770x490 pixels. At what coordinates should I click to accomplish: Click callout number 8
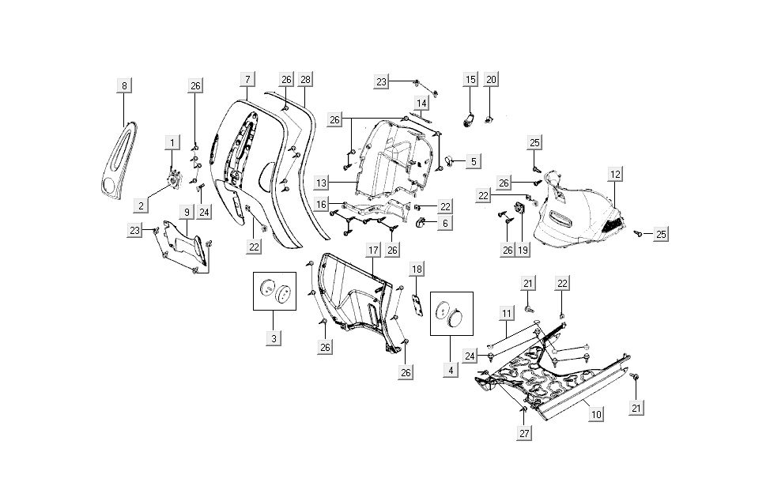coord(124,85)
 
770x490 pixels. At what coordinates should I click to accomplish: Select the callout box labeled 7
coord(247,79)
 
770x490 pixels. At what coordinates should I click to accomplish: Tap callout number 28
coord(305,79)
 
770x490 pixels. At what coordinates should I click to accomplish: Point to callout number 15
coord(470,79)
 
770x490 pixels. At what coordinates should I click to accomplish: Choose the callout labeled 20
coord(491,79)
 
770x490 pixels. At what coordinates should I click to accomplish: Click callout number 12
coord(615,174)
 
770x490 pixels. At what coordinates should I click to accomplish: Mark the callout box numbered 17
coord(373,251)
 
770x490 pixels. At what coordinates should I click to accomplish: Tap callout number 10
coord(595,413)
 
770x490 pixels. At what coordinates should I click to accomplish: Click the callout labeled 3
coord(274,339)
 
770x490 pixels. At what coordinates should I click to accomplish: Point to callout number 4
coord(451,369)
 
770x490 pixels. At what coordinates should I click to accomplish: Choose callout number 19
coord(523,250)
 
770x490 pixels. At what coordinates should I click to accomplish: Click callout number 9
coord(187,212)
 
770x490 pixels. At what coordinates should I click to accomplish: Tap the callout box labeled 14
coord(421,104)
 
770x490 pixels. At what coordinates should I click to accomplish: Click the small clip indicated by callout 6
coord(421,222)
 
